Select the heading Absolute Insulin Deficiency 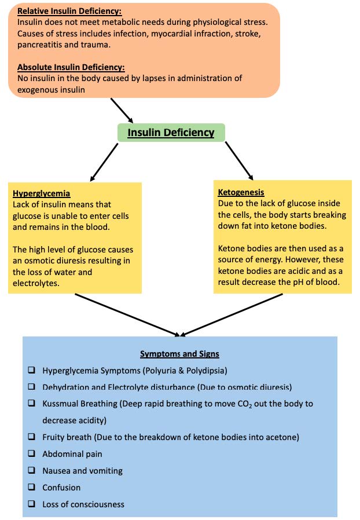coord(71,67)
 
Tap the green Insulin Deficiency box coord(171,133)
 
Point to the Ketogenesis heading coord(241,192)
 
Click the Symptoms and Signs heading coord(179,353)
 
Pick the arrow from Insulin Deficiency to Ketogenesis coord(238,160)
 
